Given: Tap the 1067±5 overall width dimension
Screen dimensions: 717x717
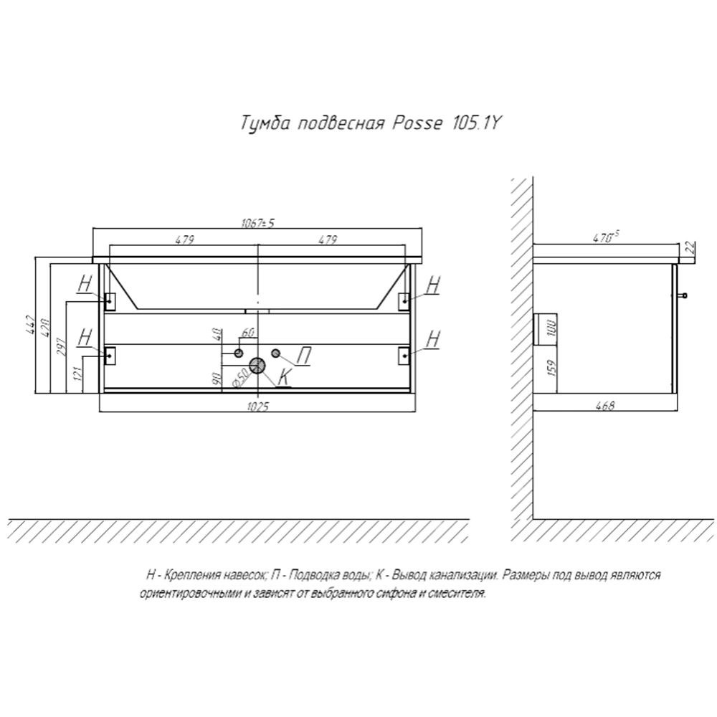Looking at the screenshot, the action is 257,223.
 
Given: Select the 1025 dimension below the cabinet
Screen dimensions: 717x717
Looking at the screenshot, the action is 258,406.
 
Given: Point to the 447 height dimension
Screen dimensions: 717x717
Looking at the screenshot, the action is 30,325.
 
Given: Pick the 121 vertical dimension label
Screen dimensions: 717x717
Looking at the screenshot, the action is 77,374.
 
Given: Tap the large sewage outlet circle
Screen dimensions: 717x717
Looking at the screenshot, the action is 257,366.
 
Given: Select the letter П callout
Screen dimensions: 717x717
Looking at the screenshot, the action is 304,356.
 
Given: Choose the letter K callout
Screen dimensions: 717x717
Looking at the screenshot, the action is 284,377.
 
